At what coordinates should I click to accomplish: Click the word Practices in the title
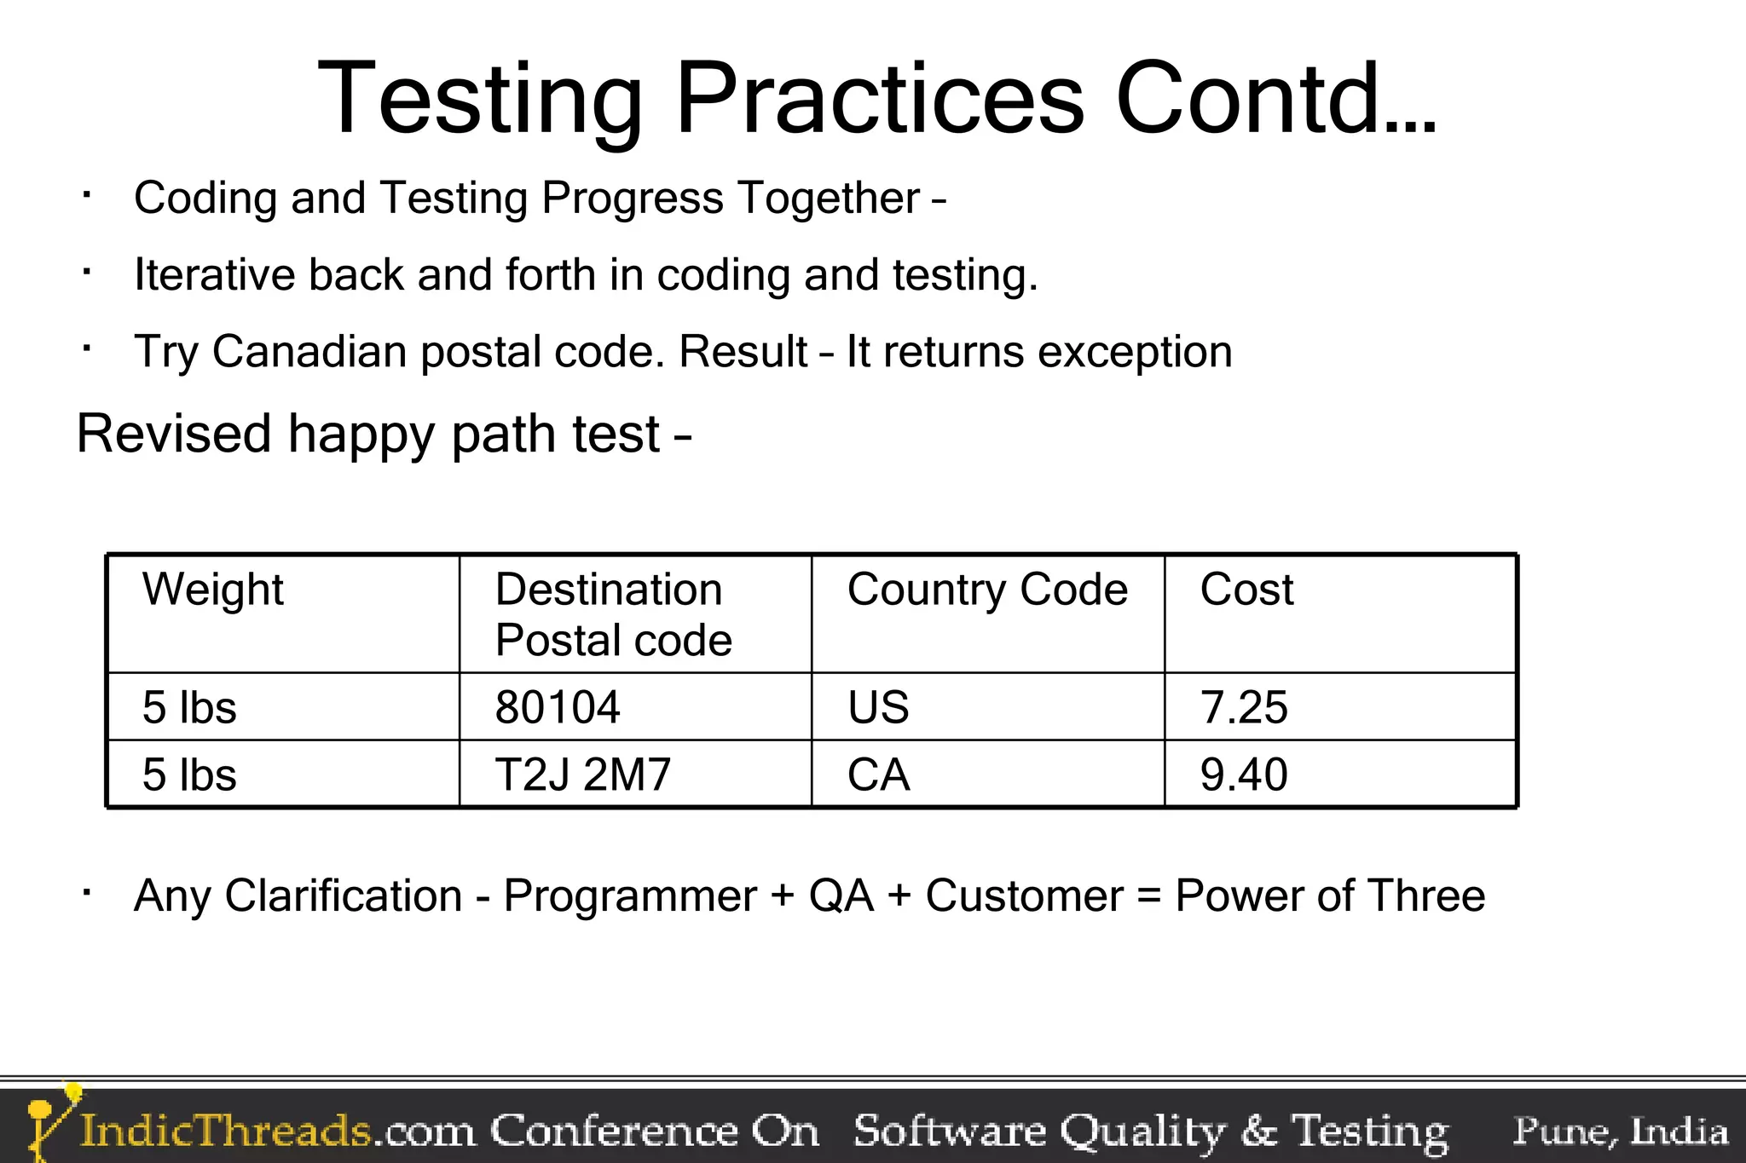[880, 98]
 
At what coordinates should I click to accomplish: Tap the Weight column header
[213, 590]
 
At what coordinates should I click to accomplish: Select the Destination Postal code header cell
[613, 614]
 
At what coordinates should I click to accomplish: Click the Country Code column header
[987, 590]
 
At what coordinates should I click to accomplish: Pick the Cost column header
[1246, 590]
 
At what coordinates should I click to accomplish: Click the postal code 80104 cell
[558, 707]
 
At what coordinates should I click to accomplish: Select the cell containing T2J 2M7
[583, 774]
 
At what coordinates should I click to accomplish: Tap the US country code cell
[878, 707]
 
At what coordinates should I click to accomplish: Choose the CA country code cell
[878, 774]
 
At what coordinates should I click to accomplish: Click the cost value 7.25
[1243, 707]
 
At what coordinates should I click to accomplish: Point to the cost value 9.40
[1243, 774]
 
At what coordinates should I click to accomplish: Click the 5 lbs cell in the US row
[189, 707]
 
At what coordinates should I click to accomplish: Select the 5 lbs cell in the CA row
[189, 774]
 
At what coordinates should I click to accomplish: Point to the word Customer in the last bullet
[1024, 896]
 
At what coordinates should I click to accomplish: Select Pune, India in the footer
[1620, 1131]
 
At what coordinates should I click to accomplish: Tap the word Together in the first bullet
[829, 199]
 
